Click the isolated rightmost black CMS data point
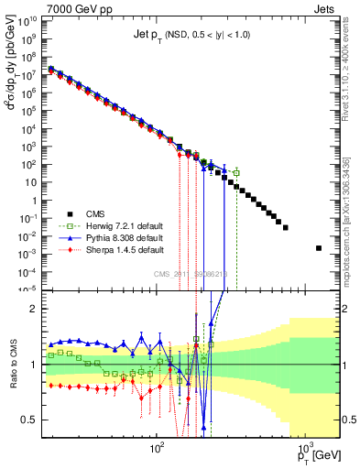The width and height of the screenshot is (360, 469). (319, 248)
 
